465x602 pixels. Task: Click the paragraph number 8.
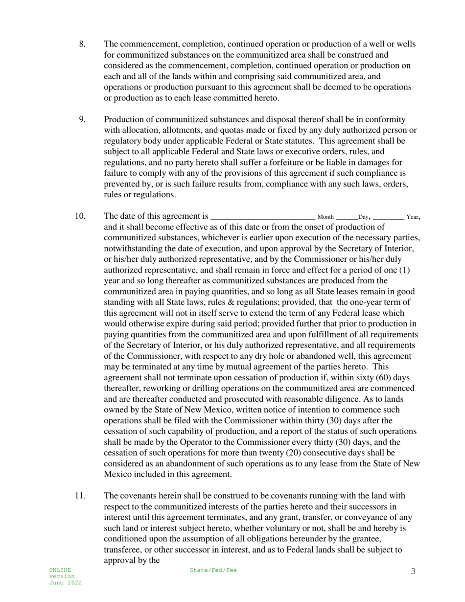tap(82, 44)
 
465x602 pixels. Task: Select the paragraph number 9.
tap(82, 119)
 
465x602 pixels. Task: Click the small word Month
tap(325, 217)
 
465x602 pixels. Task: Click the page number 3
tap(413, 571)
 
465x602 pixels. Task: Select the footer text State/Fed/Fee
tap(213, 570)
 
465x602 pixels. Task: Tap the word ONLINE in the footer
tap(60, 570)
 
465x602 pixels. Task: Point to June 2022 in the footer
tap(65, 583)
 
